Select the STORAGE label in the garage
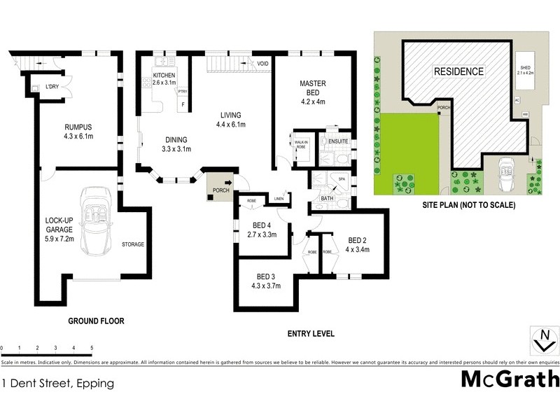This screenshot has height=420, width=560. point(132,244)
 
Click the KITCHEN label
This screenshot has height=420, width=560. point(164,75)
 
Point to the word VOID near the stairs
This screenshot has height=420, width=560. point(262,64)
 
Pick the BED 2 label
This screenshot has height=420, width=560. point(357,239)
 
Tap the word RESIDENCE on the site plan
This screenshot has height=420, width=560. point(458,71)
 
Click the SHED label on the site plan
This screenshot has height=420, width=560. point(525,64)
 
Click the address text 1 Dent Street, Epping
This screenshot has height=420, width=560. point(57,384)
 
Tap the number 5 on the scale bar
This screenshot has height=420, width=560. point(92,348)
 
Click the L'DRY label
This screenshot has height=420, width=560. point(52,87)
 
